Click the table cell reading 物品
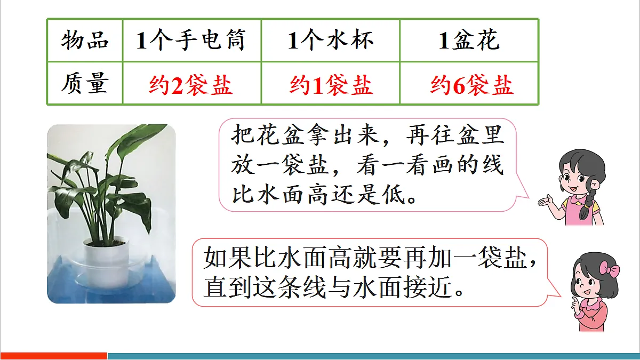85,41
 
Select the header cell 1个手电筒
191,41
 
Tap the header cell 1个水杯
330,41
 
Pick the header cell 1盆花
468,41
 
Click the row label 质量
85,84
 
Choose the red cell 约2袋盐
191,85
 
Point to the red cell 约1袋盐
330,85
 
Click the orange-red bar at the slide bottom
53,356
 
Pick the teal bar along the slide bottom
373,356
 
